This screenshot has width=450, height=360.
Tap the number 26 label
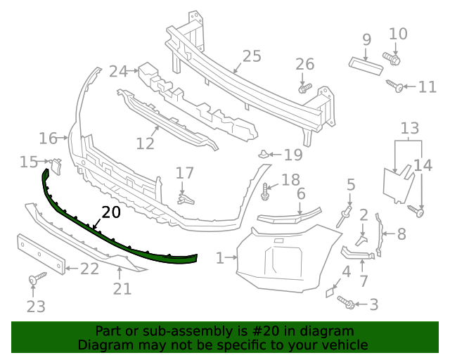[304, 65]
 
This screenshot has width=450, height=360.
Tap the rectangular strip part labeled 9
[365, 65]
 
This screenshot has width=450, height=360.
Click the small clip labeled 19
[263, 154]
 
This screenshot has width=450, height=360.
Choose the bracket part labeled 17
[184, 199]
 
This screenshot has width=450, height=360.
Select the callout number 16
[48, 139]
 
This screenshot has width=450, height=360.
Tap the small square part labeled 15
[57, 166]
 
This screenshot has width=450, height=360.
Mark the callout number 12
[145, 143]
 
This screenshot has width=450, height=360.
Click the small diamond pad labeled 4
[330, 290]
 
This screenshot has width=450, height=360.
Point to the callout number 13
[410, 128]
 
